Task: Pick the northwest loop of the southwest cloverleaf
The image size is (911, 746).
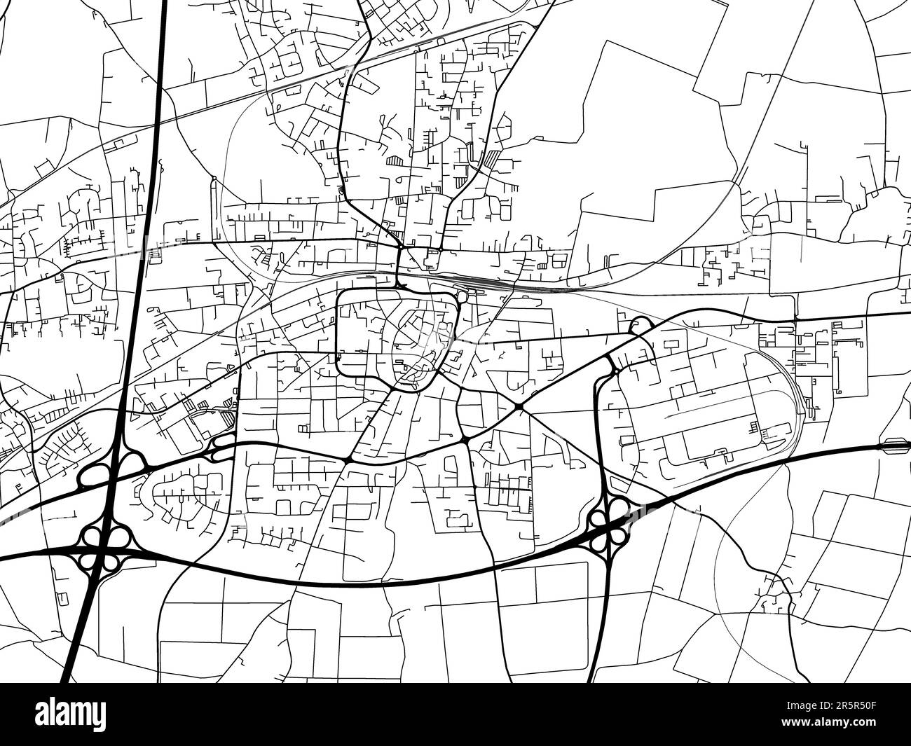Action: click(90, 537)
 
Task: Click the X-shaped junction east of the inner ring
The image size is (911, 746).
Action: click(518, 406)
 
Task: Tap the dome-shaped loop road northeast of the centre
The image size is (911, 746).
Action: click(640, 324)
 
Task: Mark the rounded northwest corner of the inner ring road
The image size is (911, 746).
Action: click(341, 297)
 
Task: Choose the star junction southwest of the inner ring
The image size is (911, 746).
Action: click(348, 460)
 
